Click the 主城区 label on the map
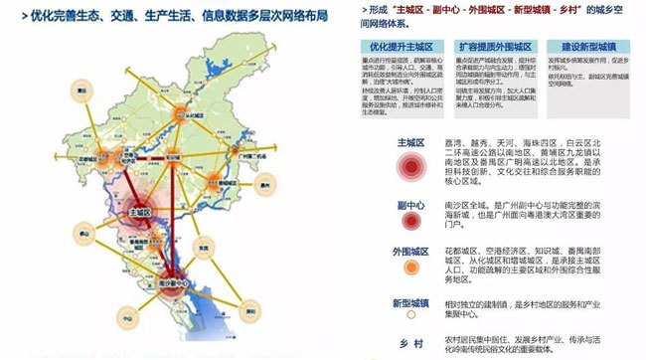pos(140,213)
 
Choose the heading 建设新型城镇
pos(588,46)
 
